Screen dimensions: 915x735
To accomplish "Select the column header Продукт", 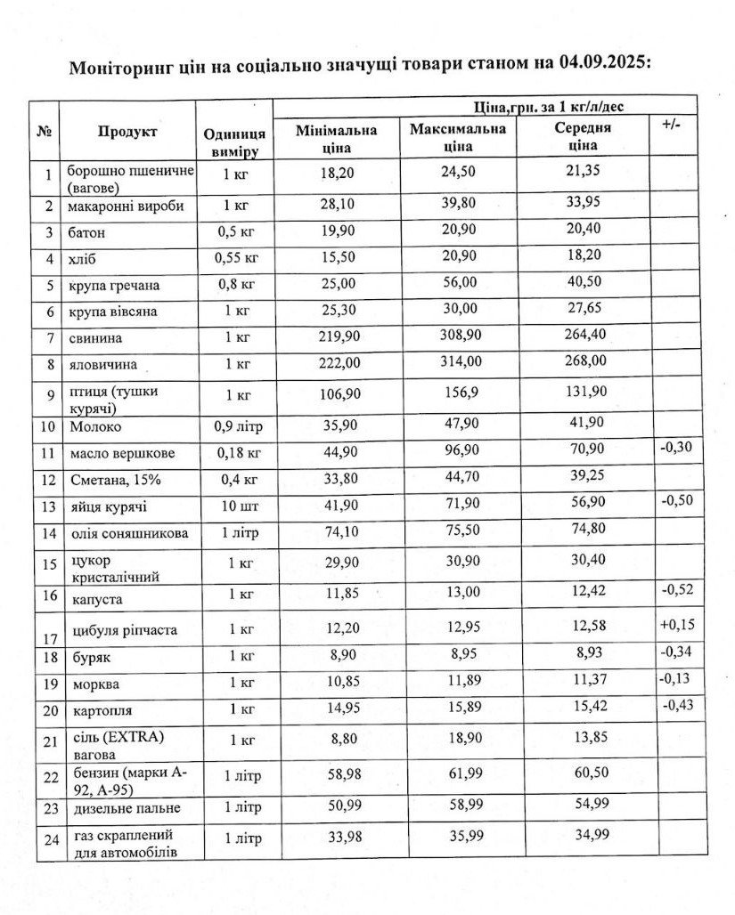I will coord(127,132).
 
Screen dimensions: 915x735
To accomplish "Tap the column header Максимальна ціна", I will coord(458,137).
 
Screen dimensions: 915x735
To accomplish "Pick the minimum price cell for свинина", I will coord(336,338).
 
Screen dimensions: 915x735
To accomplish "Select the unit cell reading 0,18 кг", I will coord(233,453).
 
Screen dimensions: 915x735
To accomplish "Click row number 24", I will coord(49,841).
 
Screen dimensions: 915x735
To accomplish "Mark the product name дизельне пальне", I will coord(125,808).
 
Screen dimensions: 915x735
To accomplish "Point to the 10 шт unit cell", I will coord(233,507).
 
